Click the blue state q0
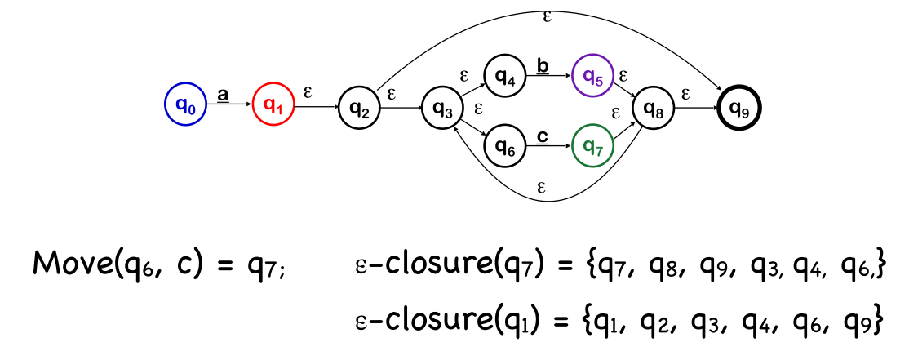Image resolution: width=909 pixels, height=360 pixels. [x=186, y=105]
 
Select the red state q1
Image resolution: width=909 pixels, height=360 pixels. [x=273, y=105]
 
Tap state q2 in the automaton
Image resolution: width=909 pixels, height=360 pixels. [x=360, y=107]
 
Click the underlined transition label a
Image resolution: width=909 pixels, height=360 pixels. [x=222, y=96]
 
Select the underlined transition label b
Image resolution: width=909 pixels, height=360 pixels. [x=541, y=64]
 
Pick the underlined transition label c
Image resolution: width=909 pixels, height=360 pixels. [x=541, y=136]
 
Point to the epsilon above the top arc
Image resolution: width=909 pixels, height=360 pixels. [x=547, y=16]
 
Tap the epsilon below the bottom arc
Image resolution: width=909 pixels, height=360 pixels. [x=542, y=187]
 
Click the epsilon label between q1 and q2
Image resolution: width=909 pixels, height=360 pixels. [x=308, y=91]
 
